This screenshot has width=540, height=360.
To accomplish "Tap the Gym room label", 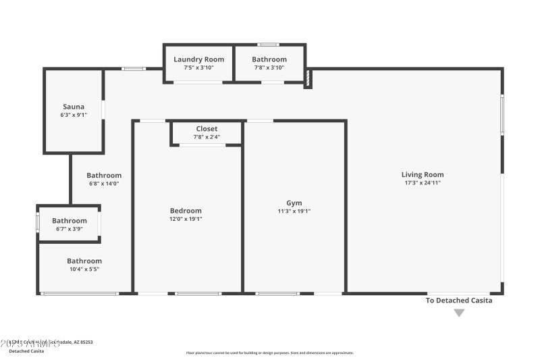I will point(294,203).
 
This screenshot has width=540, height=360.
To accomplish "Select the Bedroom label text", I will point(185,211).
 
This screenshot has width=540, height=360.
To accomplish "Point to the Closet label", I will point(207,129).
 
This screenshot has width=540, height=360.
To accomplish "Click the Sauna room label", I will point(74,107).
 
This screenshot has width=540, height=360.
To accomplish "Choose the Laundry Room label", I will point(198,59).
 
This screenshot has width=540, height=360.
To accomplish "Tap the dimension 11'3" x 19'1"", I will point(294,211).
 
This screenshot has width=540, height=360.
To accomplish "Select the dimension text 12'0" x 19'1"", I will point(185,219).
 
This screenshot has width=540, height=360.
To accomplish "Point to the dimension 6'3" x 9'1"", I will point(74,115).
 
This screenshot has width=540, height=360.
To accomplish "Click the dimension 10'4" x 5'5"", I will point(84,269).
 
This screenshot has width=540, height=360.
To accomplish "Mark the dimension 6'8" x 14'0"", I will point(104,184).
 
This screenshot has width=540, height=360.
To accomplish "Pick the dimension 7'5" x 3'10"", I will point(198,68).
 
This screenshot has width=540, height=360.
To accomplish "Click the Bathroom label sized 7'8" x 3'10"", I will point(269,59).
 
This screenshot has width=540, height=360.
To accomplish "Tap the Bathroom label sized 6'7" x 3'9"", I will point(70,221).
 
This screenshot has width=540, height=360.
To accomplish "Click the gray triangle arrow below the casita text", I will point(459,313).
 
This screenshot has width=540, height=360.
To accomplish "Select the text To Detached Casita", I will point(459,301).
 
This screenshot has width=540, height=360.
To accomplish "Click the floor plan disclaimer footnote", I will point(270,353).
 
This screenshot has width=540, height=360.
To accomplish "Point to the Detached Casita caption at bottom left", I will point(27,351).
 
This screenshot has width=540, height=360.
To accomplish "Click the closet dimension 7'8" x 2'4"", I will point(207,137).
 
